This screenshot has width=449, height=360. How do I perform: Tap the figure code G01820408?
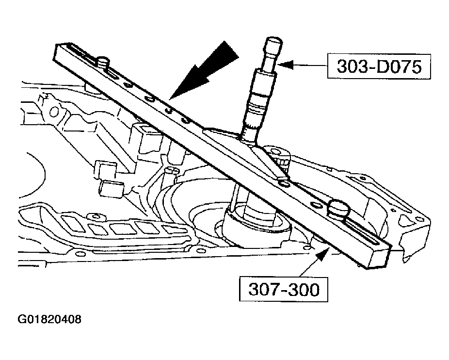pos(49,320)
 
